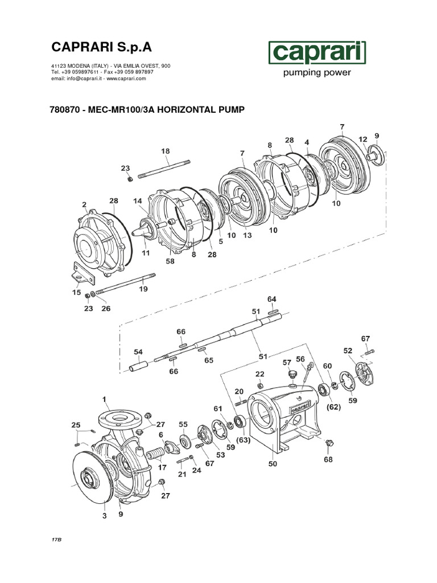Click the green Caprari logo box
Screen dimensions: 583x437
317,54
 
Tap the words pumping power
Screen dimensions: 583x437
317,73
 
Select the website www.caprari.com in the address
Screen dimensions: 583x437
126,79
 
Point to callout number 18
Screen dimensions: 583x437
166,151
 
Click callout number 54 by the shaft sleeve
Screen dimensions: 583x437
138,352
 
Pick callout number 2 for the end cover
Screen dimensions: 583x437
84,204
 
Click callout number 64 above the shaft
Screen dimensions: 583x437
271,299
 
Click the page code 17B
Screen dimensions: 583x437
55,539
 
